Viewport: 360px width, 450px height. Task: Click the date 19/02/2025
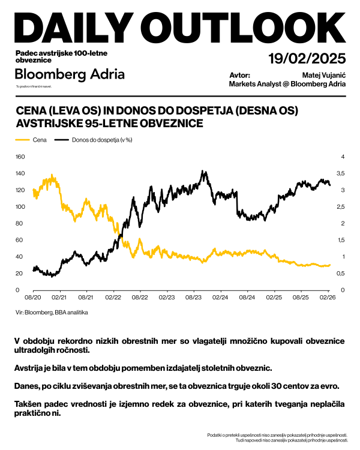coord(307,58)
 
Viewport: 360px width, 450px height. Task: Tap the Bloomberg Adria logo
coord(70,74)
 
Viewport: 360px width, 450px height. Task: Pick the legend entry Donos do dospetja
coord(93,140)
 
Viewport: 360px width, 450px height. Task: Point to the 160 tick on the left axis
coord(19,157)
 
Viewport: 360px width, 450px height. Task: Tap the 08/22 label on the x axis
coord(140,297)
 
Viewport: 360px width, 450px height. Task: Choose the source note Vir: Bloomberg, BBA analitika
coord(52,313)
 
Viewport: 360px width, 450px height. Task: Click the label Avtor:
coord(240,76)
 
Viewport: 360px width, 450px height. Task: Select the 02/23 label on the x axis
coord(167,297)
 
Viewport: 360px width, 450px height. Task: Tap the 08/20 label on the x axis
coord(32,297)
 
